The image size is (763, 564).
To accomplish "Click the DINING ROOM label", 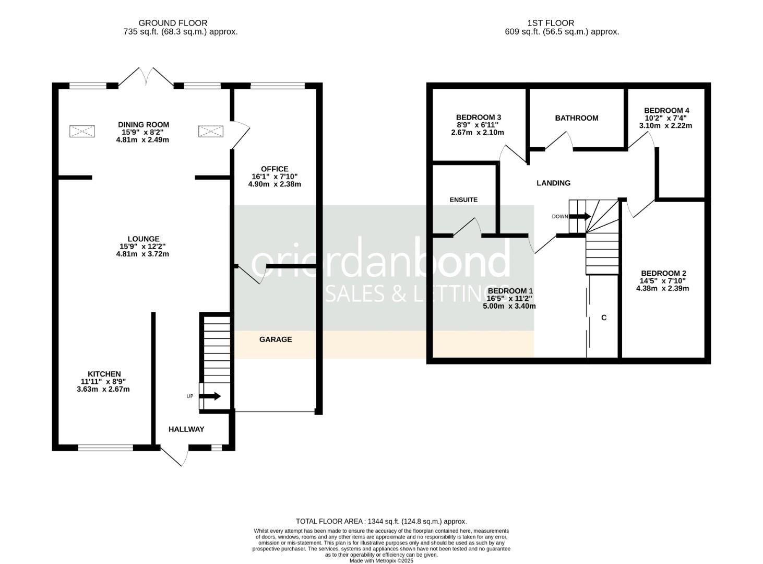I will (x=143, y=125).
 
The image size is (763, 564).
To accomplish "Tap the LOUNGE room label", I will (x=143, y=239).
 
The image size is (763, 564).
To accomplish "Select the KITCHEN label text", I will (x=104, y=374).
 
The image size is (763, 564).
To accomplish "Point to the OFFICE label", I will (x=275, y=169).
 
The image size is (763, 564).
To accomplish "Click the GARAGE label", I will (x=276, y=339).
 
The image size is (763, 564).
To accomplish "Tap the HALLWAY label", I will (x=186, y=429).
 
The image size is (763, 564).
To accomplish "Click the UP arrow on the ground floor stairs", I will (x=210, y=396).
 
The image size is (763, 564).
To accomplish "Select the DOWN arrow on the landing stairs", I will (x=580, y=216).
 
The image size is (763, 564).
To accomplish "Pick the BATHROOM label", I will (x=576, y=118).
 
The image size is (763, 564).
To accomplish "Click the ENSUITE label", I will (x=463, y=199).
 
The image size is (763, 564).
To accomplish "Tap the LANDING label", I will (x=553, y=183).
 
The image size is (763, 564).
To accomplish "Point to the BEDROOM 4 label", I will (x=666, y=110).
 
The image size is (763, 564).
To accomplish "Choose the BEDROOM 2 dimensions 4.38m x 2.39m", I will (x=662, y=288).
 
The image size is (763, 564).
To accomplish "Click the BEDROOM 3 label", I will (x=478, y=117).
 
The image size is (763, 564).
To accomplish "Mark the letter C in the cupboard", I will (x=604, y=318).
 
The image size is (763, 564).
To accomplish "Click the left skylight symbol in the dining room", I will (x=82, y=131).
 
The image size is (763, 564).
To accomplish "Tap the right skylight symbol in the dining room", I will (x=211, y=131).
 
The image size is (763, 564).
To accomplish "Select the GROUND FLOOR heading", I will (x=173, y=23).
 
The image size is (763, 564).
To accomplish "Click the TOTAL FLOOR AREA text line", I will (x=381, y=521).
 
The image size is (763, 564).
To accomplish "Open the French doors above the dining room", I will (x=146, y=77).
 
